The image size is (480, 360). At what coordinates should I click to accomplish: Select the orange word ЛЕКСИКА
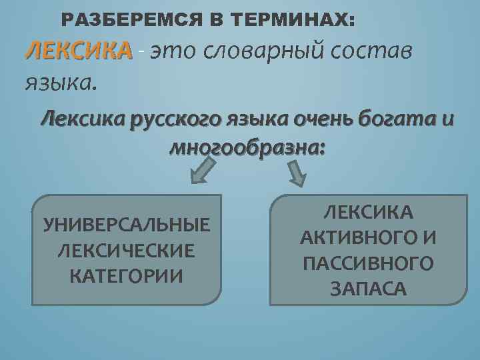[x=78, y=49]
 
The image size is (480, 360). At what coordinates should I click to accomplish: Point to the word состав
[x=377, y=51]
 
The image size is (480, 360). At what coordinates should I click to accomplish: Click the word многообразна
[x=247, y=146]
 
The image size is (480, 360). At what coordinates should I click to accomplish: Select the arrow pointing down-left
[x=203, y=171]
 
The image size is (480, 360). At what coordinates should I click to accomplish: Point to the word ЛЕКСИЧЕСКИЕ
[x=127, y=251]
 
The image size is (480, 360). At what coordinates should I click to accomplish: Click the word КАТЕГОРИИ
[x=127, y=275]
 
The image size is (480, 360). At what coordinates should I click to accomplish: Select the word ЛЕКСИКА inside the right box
[x=368, y=213]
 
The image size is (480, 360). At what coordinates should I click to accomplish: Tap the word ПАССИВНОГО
[x=368, y=263]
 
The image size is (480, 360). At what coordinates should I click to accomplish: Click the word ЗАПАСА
[x=368, y=289]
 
